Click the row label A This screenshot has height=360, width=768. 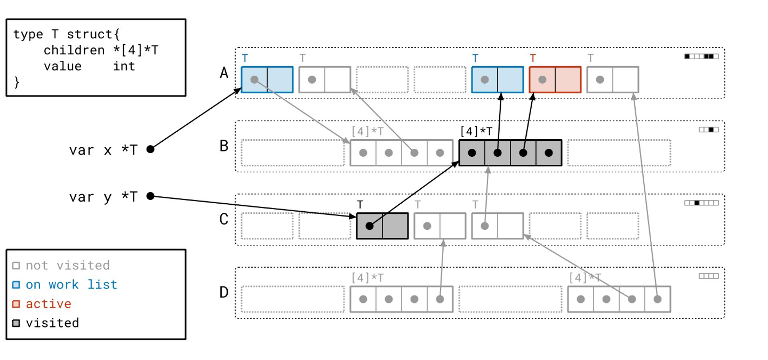(224, 73)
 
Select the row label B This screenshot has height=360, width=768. (224, 146)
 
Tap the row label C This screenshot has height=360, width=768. (224, 219)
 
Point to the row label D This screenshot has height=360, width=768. (224, 292)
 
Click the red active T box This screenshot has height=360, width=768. (555, 79)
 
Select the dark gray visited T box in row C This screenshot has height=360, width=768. (382, 226)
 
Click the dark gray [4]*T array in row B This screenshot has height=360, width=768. (510, 153)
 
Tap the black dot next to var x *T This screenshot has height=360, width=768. (150, 149)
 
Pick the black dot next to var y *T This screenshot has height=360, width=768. (150, 196)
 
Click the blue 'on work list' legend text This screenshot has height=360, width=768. (71, 285)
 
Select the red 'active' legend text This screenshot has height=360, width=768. (49, 304)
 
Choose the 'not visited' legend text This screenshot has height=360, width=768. (67, 266)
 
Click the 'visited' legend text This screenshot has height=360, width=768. (52, 323)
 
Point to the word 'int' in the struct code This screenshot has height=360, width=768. (124, 66)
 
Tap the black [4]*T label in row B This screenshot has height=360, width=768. (476, 130)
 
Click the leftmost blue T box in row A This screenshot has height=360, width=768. (267, 79)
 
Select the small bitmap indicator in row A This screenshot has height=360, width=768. (701, 56)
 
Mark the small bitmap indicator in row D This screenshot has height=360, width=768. (708, 276)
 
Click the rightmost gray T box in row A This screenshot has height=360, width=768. (612, 79)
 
